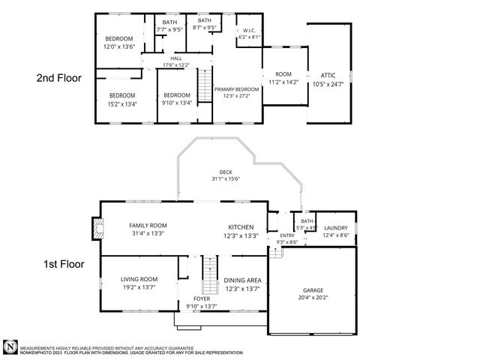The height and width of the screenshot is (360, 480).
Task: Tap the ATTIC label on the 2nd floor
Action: point(328,76)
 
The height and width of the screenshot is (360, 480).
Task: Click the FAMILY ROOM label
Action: point(147,226)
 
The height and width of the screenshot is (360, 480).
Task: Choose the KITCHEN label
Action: point(241,227)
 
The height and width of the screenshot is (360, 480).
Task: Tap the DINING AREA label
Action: point(242,280)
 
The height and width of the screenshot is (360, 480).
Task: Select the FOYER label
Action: point(202,298)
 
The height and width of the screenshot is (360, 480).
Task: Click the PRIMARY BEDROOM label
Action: point(235,89)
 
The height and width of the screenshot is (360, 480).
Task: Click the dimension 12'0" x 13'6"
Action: point(118,46)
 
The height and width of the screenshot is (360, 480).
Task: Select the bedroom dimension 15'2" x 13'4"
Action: point(122,103)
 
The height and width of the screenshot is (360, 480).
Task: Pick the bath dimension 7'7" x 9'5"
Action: point(169,30)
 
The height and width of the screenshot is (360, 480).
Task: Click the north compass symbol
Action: point(10,347)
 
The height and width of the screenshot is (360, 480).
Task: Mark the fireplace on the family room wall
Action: point(94,229)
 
